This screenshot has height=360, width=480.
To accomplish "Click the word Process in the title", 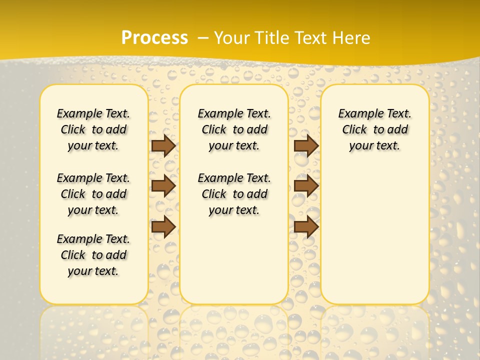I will click(x=154, y=37).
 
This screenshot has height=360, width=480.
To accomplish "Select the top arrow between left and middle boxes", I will click(x=163, y=145).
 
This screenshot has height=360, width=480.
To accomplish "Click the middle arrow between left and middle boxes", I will click(x=163, y=186).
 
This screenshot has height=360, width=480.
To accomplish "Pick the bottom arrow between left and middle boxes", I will click(x=163, y=227).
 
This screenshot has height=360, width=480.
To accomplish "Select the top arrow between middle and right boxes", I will click(x=306, y=145).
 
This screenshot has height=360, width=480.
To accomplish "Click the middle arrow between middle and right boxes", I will click(x=306, y=186).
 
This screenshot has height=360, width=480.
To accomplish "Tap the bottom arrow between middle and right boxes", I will click(x=306, y=227).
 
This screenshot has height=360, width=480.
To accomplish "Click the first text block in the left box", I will click(x=93, y=129).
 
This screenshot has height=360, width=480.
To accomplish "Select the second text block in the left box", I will click(x=93, y=194).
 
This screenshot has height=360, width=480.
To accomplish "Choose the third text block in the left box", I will click(x=93, y=255).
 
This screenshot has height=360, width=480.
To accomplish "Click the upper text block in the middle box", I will click(x=234, y=129).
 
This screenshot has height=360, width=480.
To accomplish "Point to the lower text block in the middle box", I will click(x=234, y=194).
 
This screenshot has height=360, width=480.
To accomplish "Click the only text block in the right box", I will click(x=374, y=129).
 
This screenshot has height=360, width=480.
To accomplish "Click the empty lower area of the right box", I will click(x=374, y=235).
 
